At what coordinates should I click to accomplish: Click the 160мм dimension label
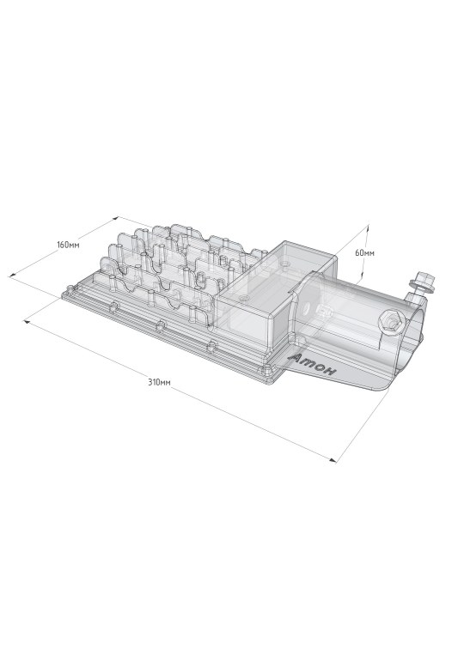tap(68, 245)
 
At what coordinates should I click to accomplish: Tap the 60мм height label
tap(364, 253)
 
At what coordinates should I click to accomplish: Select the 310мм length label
tap(159, 383)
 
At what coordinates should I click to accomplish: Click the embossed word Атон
tap(314, 365)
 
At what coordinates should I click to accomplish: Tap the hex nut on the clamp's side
tap(389, 323)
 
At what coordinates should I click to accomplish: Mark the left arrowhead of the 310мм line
tap(26, 322)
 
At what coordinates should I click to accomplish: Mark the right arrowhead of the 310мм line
tap(333, 460)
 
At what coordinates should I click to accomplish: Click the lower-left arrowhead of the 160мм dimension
tap(12, 276)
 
